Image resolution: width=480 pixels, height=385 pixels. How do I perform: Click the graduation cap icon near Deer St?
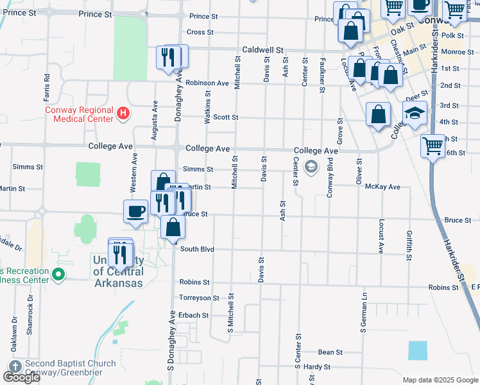pyautogui.click(x=415, y=112)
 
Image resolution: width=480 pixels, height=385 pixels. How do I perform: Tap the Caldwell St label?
pyautogui.click(x=262, y=49)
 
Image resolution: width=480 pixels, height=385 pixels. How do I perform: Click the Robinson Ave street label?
pyautogui.click(x=207, y=83)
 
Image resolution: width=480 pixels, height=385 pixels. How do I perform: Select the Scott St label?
pyautogui.click(x=225, y=117)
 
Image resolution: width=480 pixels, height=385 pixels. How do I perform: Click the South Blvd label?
pyautogui.click(x=196, y=249)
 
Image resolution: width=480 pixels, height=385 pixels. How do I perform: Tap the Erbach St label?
pyautogui.click(x=193, y=316)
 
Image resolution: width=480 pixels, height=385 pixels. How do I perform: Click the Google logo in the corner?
pyautogui.click(x=21, y=377)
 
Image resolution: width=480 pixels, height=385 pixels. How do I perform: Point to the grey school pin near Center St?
pyautogui.click(x=311, y=167)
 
